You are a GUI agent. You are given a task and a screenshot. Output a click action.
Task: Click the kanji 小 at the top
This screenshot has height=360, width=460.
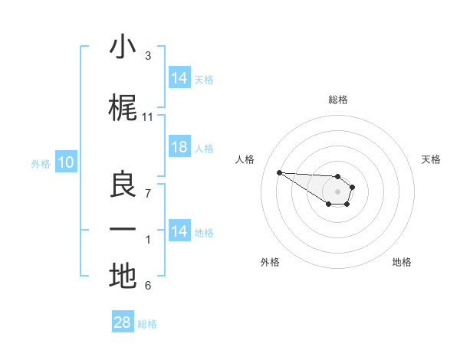tap(123, 47)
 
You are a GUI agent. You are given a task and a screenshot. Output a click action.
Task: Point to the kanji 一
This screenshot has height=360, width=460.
tap(123, 230)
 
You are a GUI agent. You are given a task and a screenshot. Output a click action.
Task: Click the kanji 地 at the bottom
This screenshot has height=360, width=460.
tap(123, 276)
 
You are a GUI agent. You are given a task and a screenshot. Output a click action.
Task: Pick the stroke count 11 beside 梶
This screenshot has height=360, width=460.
tap(148, 116)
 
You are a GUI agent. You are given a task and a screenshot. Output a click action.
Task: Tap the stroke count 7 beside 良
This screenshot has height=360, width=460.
tap(148, 193)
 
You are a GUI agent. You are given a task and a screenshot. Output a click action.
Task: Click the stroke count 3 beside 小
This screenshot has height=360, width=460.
tap(148, 56)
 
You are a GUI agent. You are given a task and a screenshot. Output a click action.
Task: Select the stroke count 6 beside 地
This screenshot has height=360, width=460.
tap(148, 286)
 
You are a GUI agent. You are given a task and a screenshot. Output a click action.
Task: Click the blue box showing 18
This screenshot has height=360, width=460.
tap(179, 148)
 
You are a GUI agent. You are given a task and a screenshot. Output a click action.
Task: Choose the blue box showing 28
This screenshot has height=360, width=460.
tap(123, 322)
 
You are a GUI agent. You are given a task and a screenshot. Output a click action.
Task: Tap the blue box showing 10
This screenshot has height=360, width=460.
tap(65, 162)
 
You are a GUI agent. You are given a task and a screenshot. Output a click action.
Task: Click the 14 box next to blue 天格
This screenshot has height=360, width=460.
tap(179, 78)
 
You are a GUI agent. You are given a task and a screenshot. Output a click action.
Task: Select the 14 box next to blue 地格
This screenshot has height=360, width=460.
tap(179, 231)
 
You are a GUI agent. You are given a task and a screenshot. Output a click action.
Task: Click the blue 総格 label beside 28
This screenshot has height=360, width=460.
tap(147, 324)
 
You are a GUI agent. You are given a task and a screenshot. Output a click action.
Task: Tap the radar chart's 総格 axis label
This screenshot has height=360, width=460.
tap(337, 100)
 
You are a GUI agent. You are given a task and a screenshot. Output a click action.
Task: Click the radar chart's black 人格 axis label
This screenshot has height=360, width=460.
tap(245, 159)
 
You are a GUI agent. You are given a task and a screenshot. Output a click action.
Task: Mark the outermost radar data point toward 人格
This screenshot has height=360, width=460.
tap(279, 172)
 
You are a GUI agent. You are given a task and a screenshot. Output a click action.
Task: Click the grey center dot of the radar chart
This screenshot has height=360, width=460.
tap(337, 191)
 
